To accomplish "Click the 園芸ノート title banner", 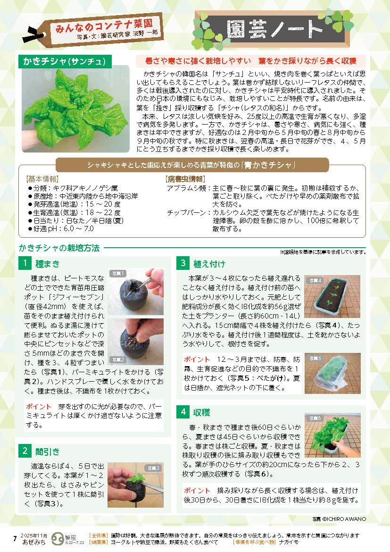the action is tap(273, 29).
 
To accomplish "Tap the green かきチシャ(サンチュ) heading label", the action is tap(65, 61).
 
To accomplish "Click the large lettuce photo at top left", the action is tap(75, 109).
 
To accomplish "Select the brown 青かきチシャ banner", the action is tap(192, 165).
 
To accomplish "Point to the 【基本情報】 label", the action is tap(42, 179).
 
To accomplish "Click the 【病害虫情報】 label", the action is tap(185, 179).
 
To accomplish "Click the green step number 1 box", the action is tap(25, 263).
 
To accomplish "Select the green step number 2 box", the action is tap(25, 451).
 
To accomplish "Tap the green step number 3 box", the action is tap(183, 263).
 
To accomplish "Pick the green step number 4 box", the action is tap(183, 411).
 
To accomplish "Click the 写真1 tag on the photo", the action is tap(118, 274).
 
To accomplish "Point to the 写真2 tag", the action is tap(118, 360).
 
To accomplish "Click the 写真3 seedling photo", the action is tap(135, 485).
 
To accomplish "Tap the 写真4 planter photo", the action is tap(332, 296).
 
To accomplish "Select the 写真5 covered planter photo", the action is tap(332, 373).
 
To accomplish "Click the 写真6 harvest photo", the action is tap(332, 435).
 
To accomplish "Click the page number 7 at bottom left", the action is tap(15, 539).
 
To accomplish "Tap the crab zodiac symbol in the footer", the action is tap(58, 539).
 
